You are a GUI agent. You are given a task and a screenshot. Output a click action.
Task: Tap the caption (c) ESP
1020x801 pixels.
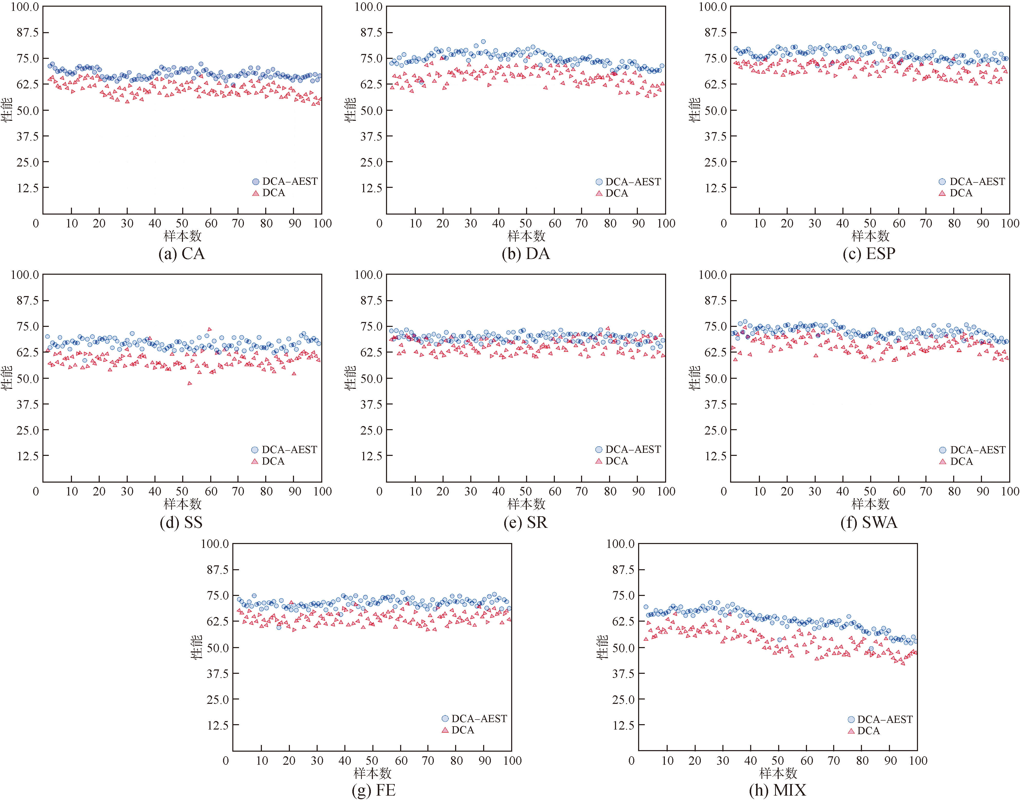click(869, 254)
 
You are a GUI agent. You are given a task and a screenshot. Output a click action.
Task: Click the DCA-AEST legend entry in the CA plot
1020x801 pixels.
click(285, 181)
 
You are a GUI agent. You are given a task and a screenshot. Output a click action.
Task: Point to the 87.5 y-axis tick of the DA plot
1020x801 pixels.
click(371, 32)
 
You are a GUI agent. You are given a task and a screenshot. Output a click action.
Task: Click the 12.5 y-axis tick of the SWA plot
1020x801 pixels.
click(716, 456)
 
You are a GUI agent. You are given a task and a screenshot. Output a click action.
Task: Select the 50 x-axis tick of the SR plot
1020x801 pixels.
click(526, 492)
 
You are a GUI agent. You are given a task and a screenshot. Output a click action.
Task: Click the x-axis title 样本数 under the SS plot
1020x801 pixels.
click(182, 504)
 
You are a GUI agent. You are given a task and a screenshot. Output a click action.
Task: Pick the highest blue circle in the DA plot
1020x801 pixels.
click(483, 42)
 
